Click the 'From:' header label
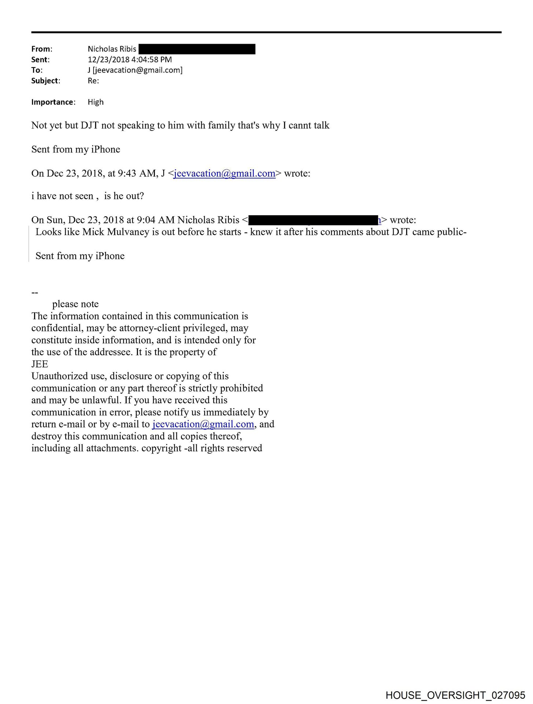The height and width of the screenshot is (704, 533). pos(41,49)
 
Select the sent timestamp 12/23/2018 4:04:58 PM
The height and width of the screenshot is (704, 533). pos(129,59)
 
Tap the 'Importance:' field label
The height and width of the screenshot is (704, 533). pos(53,102)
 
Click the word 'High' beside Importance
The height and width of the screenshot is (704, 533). pos(95,102)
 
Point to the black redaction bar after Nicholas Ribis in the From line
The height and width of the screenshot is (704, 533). pos(197,49)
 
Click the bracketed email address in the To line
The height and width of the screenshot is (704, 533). pos(138,70)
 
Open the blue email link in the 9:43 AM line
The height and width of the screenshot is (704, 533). pos(224,173)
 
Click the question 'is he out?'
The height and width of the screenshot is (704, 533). pos(124,196)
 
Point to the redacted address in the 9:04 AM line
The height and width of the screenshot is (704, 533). pos(314,220)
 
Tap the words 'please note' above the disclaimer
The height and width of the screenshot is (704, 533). pos(75,304)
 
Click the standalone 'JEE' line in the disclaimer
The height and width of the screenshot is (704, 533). pos(40,364)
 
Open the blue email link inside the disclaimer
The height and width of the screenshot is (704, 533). pos(203,424)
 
